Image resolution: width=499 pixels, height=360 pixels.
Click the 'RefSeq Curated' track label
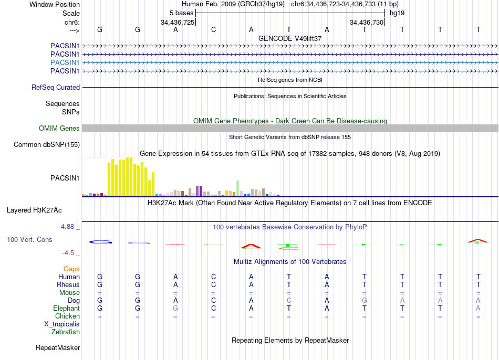56,88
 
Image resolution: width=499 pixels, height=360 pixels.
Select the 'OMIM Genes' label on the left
59,129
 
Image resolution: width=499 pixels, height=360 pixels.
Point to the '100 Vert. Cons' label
30,239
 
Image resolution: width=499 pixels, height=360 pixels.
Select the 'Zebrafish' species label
66,332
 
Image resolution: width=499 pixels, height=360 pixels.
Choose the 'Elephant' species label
67,309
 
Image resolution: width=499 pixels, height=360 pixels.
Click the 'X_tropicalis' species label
62,324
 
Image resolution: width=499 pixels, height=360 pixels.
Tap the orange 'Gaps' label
71,269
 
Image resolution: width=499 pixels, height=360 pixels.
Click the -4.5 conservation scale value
69,253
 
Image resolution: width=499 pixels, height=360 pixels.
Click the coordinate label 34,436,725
178,23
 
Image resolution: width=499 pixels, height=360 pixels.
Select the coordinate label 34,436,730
367,23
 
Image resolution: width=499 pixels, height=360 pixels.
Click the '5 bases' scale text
181,13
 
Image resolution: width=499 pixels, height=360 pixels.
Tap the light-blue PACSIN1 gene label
65,62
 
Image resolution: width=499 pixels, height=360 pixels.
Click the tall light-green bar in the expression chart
238,188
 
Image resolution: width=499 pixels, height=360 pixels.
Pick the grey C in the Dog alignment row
289,301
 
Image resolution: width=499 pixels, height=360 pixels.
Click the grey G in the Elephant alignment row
175,309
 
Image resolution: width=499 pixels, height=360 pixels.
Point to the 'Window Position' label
55,4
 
